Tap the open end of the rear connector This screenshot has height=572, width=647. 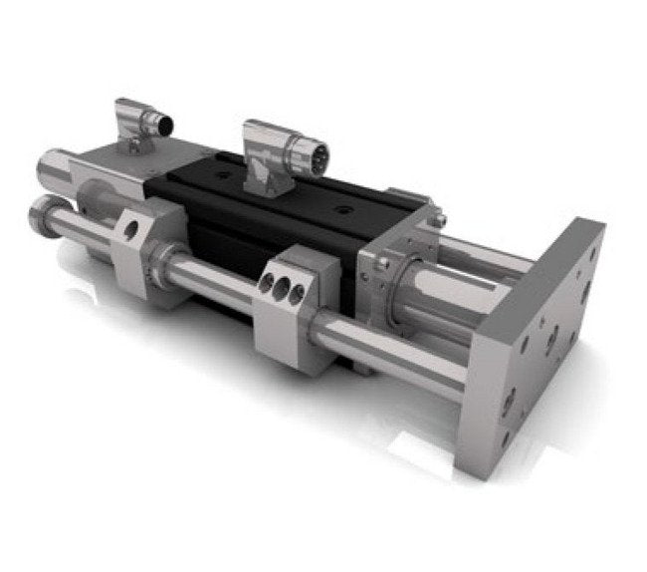[162, 124]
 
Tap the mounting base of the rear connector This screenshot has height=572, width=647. [133, 146]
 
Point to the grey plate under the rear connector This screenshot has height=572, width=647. [109, 159]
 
